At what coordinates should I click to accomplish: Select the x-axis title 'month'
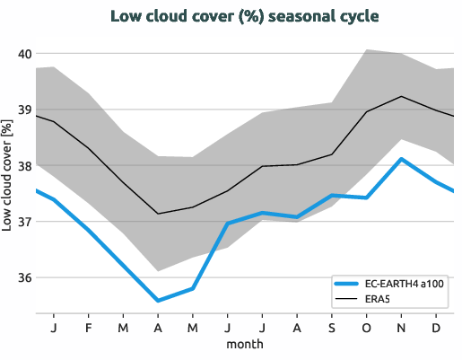point(244,344)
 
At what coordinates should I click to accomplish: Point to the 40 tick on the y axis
point(24,54)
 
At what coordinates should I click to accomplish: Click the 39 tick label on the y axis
point(24,110)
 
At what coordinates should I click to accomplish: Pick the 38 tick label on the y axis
point(24,166)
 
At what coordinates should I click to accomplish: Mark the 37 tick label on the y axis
point(24,222)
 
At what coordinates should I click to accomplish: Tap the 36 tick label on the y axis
point(24,277)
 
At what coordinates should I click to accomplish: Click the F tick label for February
point(89,327)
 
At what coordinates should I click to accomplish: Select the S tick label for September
point(332,327)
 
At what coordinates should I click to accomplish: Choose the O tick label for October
point(367,327)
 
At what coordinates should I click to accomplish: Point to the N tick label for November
point(401,327)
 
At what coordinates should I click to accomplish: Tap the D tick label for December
point(436,327)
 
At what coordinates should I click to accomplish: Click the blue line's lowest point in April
point(158,301)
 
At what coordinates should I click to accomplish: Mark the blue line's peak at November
point(401,159)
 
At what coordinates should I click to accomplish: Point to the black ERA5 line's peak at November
point(401,96)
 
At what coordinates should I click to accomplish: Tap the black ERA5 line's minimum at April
point(158,214)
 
